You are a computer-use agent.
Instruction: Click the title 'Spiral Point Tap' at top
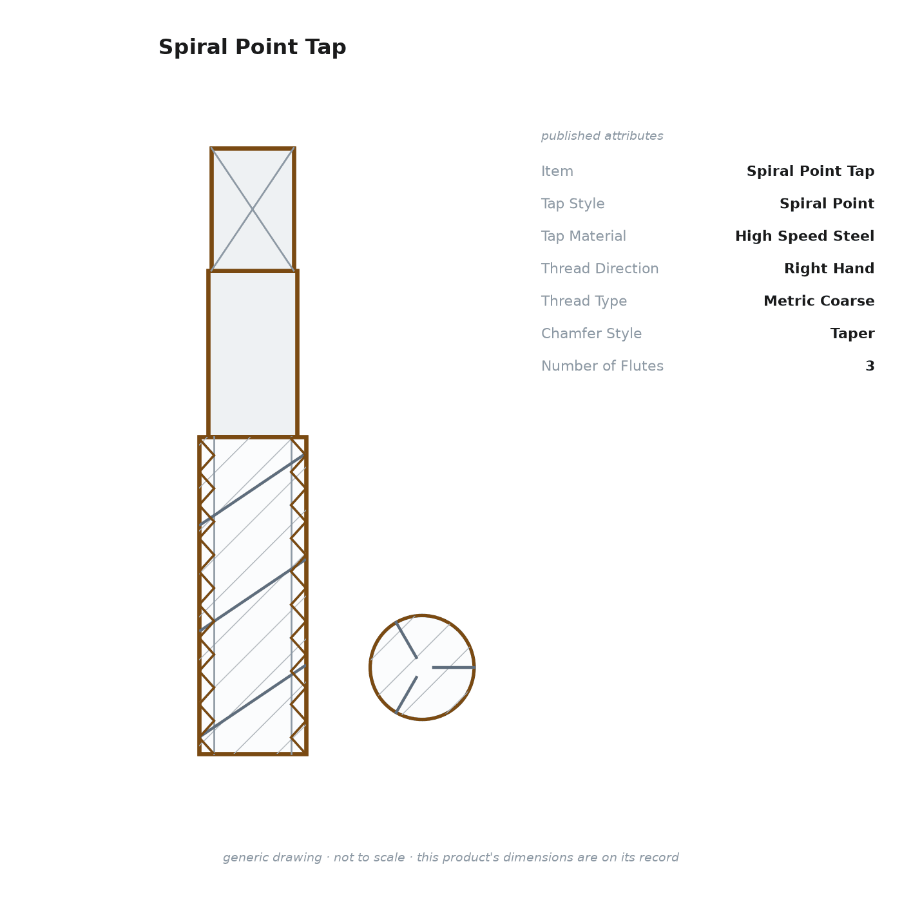click(252, 47)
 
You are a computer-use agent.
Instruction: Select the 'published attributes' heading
click(602, 136)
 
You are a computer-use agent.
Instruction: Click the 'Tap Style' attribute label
click(573, 204)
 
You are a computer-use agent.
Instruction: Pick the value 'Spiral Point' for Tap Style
click(827, 204)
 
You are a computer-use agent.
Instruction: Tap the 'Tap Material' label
click(583, 236)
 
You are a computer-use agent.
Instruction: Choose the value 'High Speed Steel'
click(805, 236)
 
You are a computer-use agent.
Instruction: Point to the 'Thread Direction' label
click(600, 268)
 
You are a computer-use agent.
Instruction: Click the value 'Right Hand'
click(829, 268)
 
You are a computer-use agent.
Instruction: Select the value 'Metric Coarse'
click(819, 300)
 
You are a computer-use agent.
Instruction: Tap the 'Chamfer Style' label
click(591, 333)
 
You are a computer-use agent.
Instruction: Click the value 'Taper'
click(852, 333)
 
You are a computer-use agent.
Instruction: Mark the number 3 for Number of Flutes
click(870, 365)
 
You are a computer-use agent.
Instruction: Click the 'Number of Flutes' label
click(602, 365)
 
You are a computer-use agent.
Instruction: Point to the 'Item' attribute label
click(557, 171)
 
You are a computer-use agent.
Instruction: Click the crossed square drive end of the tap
click(253, 209)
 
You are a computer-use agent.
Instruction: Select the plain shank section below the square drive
click(253, 354)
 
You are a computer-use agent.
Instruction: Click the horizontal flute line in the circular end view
click(454, 667)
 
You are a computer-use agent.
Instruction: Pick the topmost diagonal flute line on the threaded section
click(253, 490)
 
